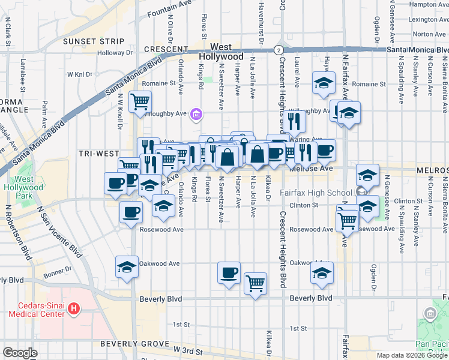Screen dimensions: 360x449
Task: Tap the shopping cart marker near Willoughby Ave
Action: point(140,101)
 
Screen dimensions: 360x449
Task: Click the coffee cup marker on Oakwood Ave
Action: point(229,273)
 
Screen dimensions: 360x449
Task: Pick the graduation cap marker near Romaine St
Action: point(324,83)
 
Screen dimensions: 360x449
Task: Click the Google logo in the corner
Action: point(20,353)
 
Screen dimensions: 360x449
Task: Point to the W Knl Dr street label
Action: point(80,75)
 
